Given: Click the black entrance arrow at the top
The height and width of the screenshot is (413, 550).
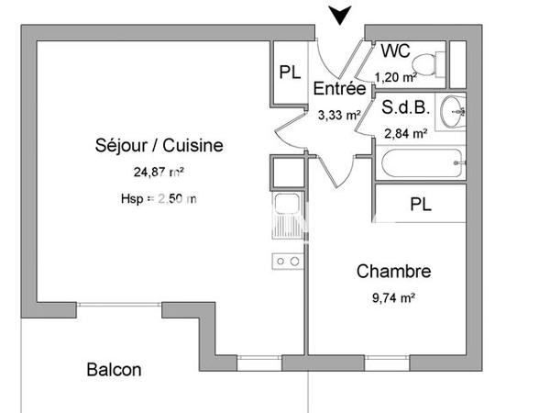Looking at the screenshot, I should click(x=341, y=15).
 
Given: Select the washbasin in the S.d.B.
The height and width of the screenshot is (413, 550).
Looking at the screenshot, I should click(x=452, y=113).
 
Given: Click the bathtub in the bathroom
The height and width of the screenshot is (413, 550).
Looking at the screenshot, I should click(x=417, y=167).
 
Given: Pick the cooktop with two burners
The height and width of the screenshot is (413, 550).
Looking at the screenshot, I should click(x=287, y=262).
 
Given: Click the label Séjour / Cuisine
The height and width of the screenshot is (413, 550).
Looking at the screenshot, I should click(x=159, y=145).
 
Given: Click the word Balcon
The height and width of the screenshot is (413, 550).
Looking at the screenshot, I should click(x=114, y=370).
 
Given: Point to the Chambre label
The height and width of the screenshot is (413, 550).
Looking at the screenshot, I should click(x=393, y=272).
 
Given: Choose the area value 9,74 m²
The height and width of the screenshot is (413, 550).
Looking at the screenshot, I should click(x=393, y=298).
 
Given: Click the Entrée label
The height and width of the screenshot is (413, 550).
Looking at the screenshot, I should click(x=340, y=89).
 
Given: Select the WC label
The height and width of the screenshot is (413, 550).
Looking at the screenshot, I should click(x=395, y=50).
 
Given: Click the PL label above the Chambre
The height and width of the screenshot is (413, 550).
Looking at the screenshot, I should click(x=422, y=203).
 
